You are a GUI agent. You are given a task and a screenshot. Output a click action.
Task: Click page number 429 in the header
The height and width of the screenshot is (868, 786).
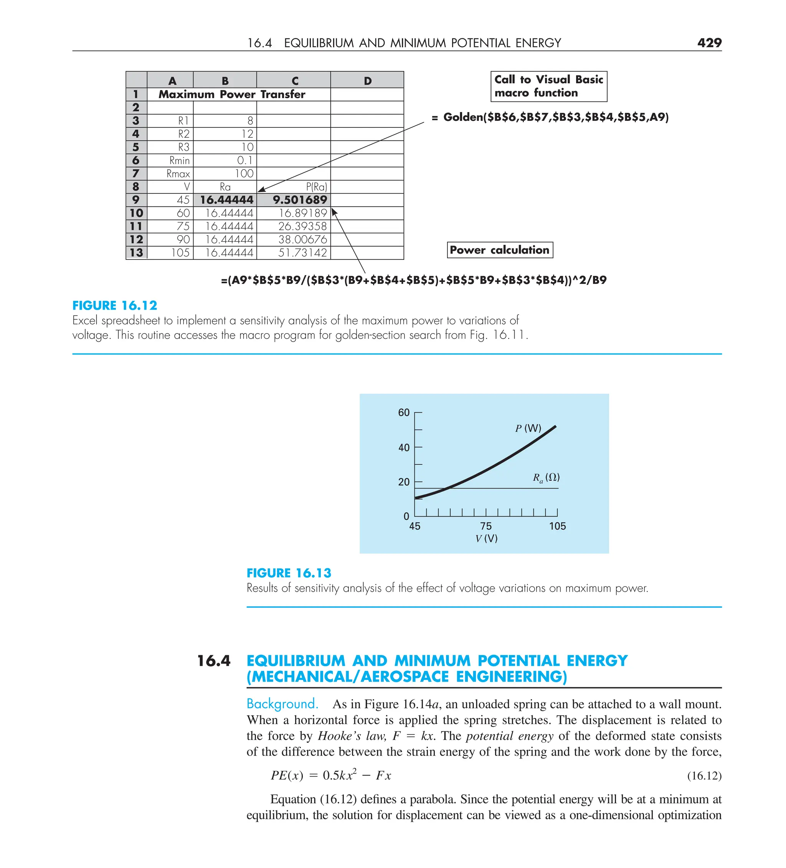pyautogui.click(x=709, y=43)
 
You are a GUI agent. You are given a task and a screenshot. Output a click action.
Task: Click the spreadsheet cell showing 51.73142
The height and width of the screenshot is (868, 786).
pyautogui.click(x=302, y=253)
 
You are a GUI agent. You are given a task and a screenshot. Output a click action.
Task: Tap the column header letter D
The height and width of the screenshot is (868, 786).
pyautogui.click(x=367, y=81)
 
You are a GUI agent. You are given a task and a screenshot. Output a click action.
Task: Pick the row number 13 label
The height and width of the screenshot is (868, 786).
pyautogui.click(x=136, y=253)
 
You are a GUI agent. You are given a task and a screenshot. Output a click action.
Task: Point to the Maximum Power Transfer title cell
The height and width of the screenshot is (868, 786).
pyautogui.click(x=232, y=94)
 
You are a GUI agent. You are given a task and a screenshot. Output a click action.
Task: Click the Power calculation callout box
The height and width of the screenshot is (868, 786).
pyautogui.click(x=500, y=250)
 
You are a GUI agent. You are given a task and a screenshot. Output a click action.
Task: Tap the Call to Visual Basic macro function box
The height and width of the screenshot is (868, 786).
pyautogui.click(x=548, y=86)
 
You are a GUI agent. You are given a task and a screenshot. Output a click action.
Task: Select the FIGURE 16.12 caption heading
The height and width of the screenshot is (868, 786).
pyautogui.click(x=115, y=305)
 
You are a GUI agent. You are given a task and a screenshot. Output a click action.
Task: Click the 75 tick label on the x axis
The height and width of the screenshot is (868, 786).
pyautogui.click(x=485, y=526)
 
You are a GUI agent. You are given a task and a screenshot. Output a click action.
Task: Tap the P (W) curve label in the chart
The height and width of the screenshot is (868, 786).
pyautogui.click(x=528, y=428)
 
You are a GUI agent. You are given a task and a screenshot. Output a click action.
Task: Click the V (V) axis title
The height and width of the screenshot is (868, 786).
pyautogui.click(x=486, y=538)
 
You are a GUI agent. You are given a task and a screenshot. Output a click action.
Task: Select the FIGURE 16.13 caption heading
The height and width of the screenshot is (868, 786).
pyautogui.click(x=289, y=573)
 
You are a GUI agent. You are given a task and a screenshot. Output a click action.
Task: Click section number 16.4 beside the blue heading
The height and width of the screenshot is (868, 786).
pyautogui.click(x=214, y=660)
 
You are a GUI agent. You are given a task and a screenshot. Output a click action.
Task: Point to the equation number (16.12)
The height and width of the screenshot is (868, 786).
pyautogui.click(x=704, y=776)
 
